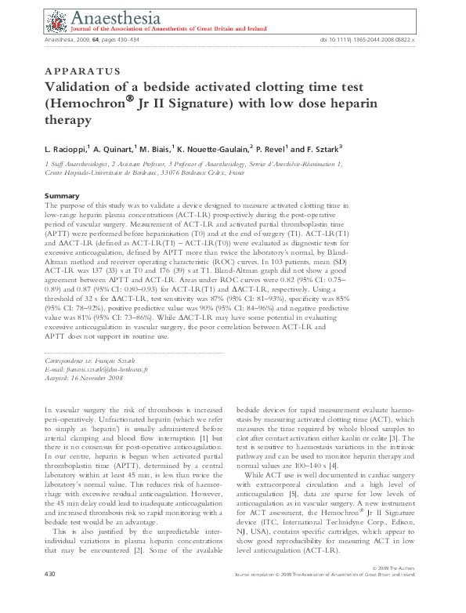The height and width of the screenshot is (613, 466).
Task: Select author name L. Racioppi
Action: (67, 147)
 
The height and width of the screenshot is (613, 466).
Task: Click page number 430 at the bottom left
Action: (51, 597)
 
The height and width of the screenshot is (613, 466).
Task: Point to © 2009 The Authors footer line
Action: (399, 587)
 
